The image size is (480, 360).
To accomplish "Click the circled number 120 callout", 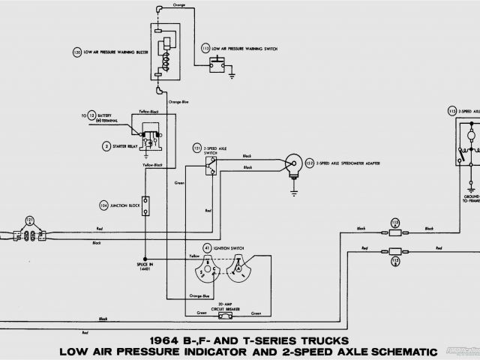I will click(x=76, y=53).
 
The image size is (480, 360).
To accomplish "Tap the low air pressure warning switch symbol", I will click(x=218, y=65).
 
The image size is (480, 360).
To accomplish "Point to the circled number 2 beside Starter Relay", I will click(x=107, y=145).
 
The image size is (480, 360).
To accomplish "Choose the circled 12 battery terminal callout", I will click(x=91, y=115).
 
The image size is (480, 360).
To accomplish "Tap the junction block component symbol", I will click(x=145, y=205).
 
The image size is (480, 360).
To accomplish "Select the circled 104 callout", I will click(x=103, y=204).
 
